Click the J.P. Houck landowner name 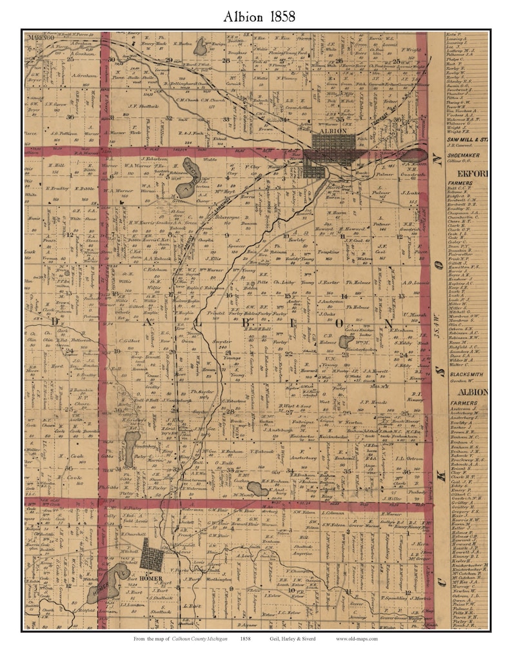372,401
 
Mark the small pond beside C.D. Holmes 346,341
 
